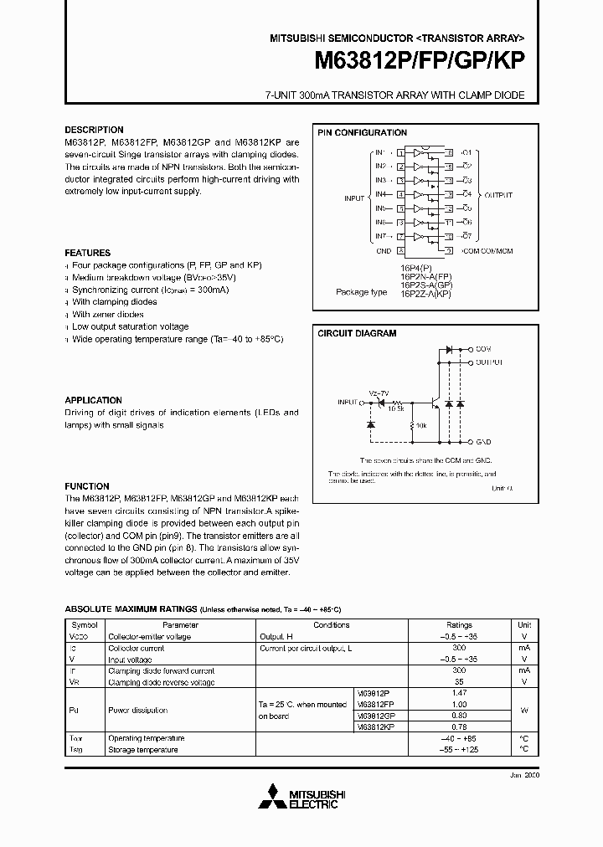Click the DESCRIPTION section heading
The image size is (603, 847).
(94, 130)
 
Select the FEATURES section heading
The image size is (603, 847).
(88, 253)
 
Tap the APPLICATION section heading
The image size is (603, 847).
(94, 400)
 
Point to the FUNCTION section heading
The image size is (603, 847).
(87, 486)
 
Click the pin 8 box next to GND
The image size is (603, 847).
(401, 250)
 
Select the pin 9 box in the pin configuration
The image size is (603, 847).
(449, 250)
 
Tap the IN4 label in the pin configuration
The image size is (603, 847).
(380, 194)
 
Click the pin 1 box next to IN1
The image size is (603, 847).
(401, 153)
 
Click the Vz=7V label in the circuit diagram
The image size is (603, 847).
(379, 393)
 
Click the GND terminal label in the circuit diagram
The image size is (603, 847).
(483, 440)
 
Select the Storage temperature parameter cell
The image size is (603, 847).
(143, 750)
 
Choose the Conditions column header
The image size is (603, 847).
(332, 625)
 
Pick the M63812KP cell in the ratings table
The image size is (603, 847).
(375, 728)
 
